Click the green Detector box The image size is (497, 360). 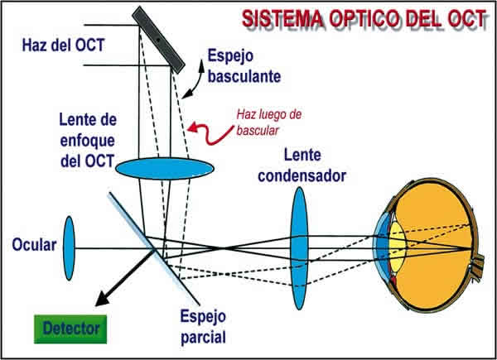pos(71,327)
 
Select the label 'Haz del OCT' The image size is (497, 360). pos(63,44)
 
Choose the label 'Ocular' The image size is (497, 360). pos(34,245)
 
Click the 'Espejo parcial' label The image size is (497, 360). pos(204,326)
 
